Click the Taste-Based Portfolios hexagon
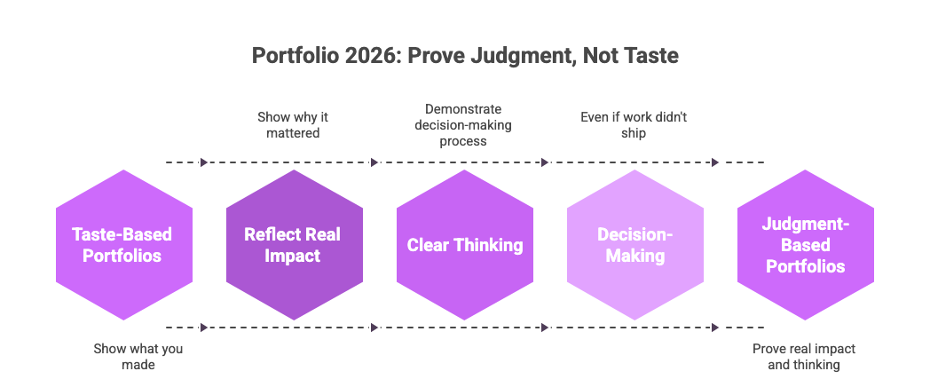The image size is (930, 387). [123, 244]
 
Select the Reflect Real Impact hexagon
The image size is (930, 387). [294, 244]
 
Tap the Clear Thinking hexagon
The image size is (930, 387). [464, 244]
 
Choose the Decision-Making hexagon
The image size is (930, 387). [634, 244]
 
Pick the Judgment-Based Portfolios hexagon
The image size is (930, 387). [805, 244]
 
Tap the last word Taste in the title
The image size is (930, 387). [651, 56]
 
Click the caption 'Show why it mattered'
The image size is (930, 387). [293, 124]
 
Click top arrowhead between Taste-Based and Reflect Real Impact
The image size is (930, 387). [204, 162]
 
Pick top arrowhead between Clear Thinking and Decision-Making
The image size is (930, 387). [545, 162]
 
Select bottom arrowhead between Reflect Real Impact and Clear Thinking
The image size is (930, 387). [374, 328]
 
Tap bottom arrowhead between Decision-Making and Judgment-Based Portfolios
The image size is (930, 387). [715, 328]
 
